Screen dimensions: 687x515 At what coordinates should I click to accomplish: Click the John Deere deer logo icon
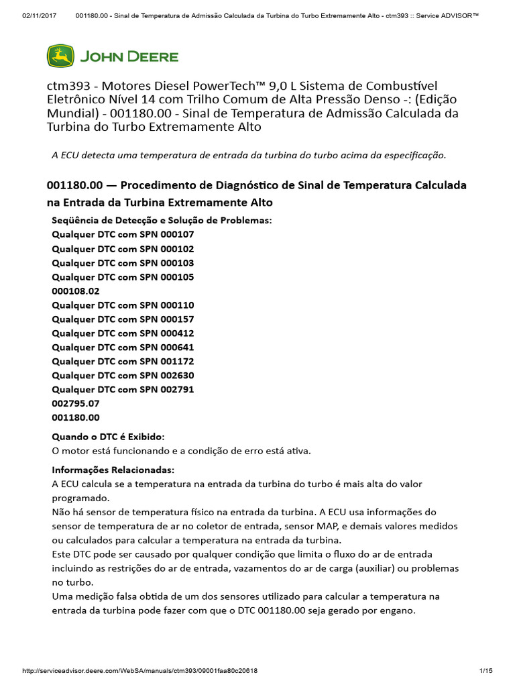tap(60, 56)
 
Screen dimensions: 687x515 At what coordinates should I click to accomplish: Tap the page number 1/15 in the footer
tap(486, 671)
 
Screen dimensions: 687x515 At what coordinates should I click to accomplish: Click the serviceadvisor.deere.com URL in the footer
tap(140, 671)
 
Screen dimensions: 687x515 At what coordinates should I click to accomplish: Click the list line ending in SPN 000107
tap(123, 235)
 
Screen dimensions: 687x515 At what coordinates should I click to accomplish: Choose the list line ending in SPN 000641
tap(123, 348)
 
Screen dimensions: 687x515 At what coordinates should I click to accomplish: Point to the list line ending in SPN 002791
tap(123, 389)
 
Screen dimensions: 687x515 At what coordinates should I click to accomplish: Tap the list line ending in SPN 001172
tap(123, 362)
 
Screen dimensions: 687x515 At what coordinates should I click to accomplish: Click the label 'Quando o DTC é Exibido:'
tap(108, 437)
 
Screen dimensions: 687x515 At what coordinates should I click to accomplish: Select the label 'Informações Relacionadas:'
tap(113, 470)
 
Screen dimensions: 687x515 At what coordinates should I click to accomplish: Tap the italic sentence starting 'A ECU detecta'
tap(249, 155)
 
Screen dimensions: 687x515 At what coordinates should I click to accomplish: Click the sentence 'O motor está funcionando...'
tap(181, 451)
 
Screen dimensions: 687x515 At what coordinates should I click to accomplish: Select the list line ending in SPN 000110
tap(123, 305)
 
